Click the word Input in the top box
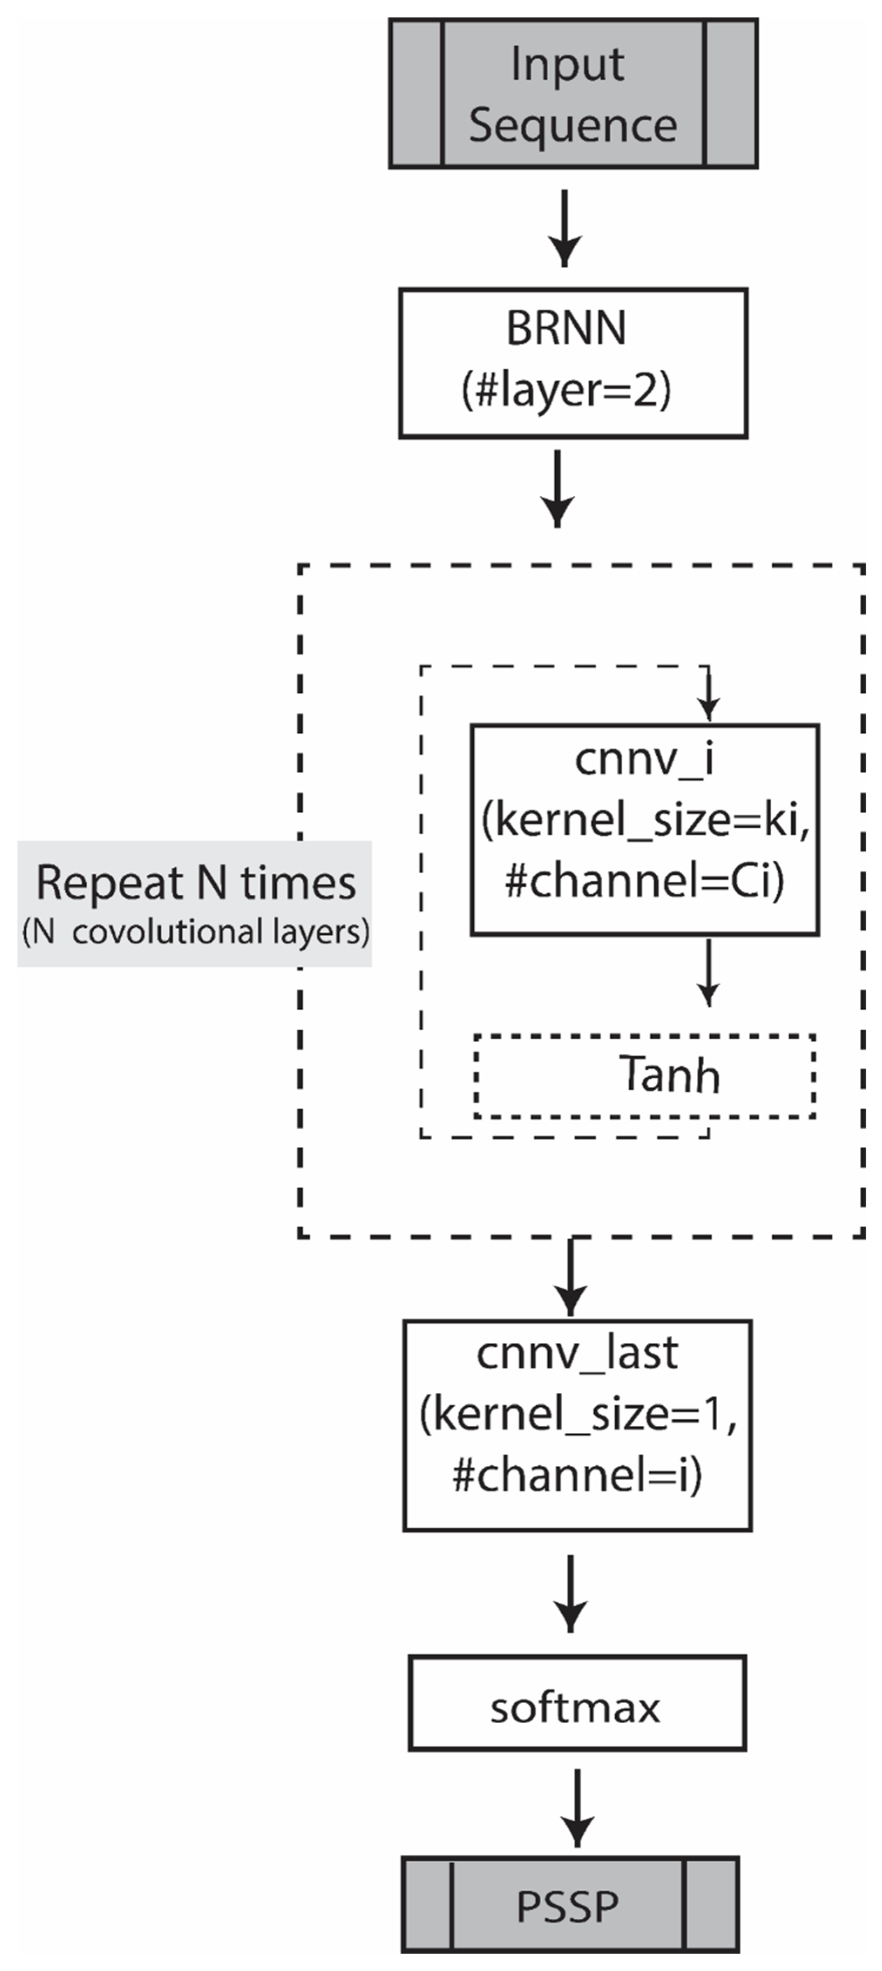[567, 64]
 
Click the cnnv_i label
[644, 760]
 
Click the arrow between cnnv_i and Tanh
[709, 972]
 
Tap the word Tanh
[669, 1075]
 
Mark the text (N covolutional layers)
[196, 932]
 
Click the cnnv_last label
[577, 1354]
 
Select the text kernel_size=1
[578, 1414]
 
